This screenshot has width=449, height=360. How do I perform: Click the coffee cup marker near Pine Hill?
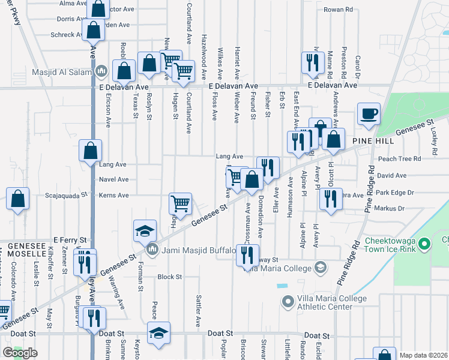[368, 113]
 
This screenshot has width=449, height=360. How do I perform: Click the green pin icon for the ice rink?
[424, 244]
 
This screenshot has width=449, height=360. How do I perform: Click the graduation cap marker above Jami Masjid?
[145, 231]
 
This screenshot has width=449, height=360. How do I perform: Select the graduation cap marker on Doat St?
[158, 333]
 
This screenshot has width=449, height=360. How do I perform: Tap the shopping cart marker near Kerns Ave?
[180, 203]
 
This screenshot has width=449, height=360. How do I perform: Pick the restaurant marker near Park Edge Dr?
[330, 199]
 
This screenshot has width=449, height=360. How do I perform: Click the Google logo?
[20, 353]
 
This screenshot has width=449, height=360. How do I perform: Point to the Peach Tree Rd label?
[400, 158]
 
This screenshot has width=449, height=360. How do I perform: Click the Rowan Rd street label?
[353, 10]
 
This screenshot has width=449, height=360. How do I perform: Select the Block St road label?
[169, 277]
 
